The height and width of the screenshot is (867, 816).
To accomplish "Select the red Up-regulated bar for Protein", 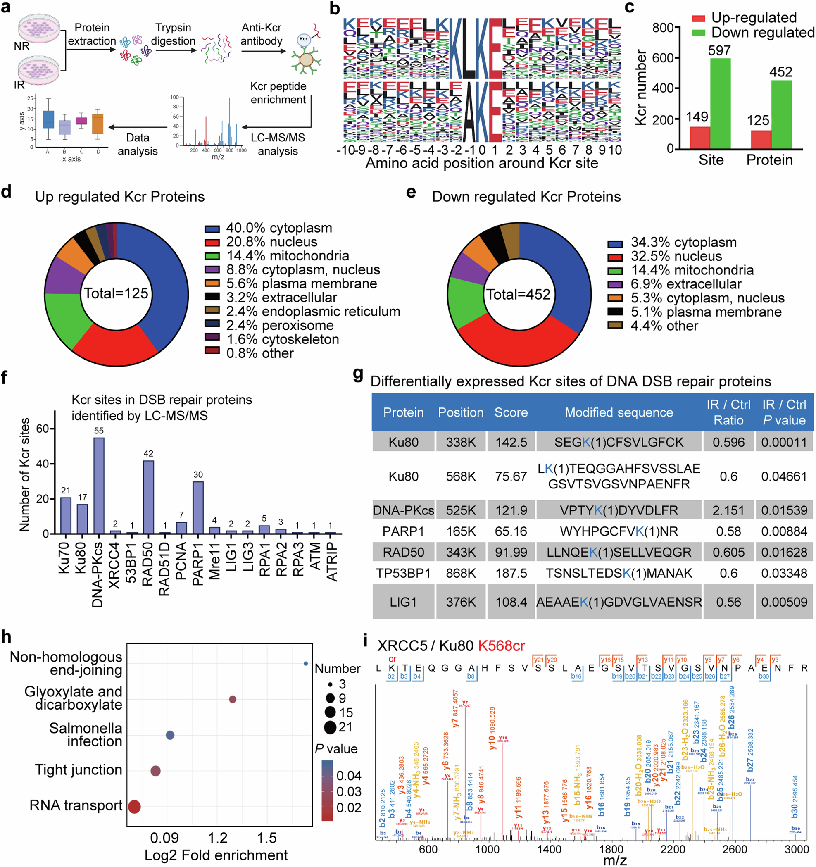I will (761, 140).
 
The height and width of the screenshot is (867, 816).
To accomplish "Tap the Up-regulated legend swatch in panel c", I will (698, 18).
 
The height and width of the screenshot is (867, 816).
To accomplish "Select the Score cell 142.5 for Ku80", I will (511, 442).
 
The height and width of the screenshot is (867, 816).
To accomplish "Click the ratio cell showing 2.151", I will (728, 510).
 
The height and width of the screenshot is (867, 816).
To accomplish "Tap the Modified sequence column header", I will (619, 412).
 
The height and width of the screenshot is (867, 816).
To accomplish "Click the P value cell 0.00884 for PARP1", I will (784, 531).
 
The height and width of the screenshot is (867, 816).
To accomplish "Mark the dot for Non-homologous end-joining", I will (306, 663).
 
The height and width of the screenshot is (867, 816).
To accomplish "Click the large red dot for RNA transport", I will (134, 807).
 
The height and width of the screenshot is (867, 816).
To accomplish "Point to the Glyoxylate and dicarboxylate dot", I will (233, 699).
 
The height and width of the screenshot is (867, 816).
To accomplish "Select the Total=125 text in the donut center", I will (116, 293).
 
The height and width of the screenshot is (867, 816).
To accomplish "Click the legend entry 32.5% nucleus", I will (676, 256).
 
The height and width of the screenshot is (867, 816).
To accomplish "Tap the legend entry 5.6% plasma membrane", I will (301, 283).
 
